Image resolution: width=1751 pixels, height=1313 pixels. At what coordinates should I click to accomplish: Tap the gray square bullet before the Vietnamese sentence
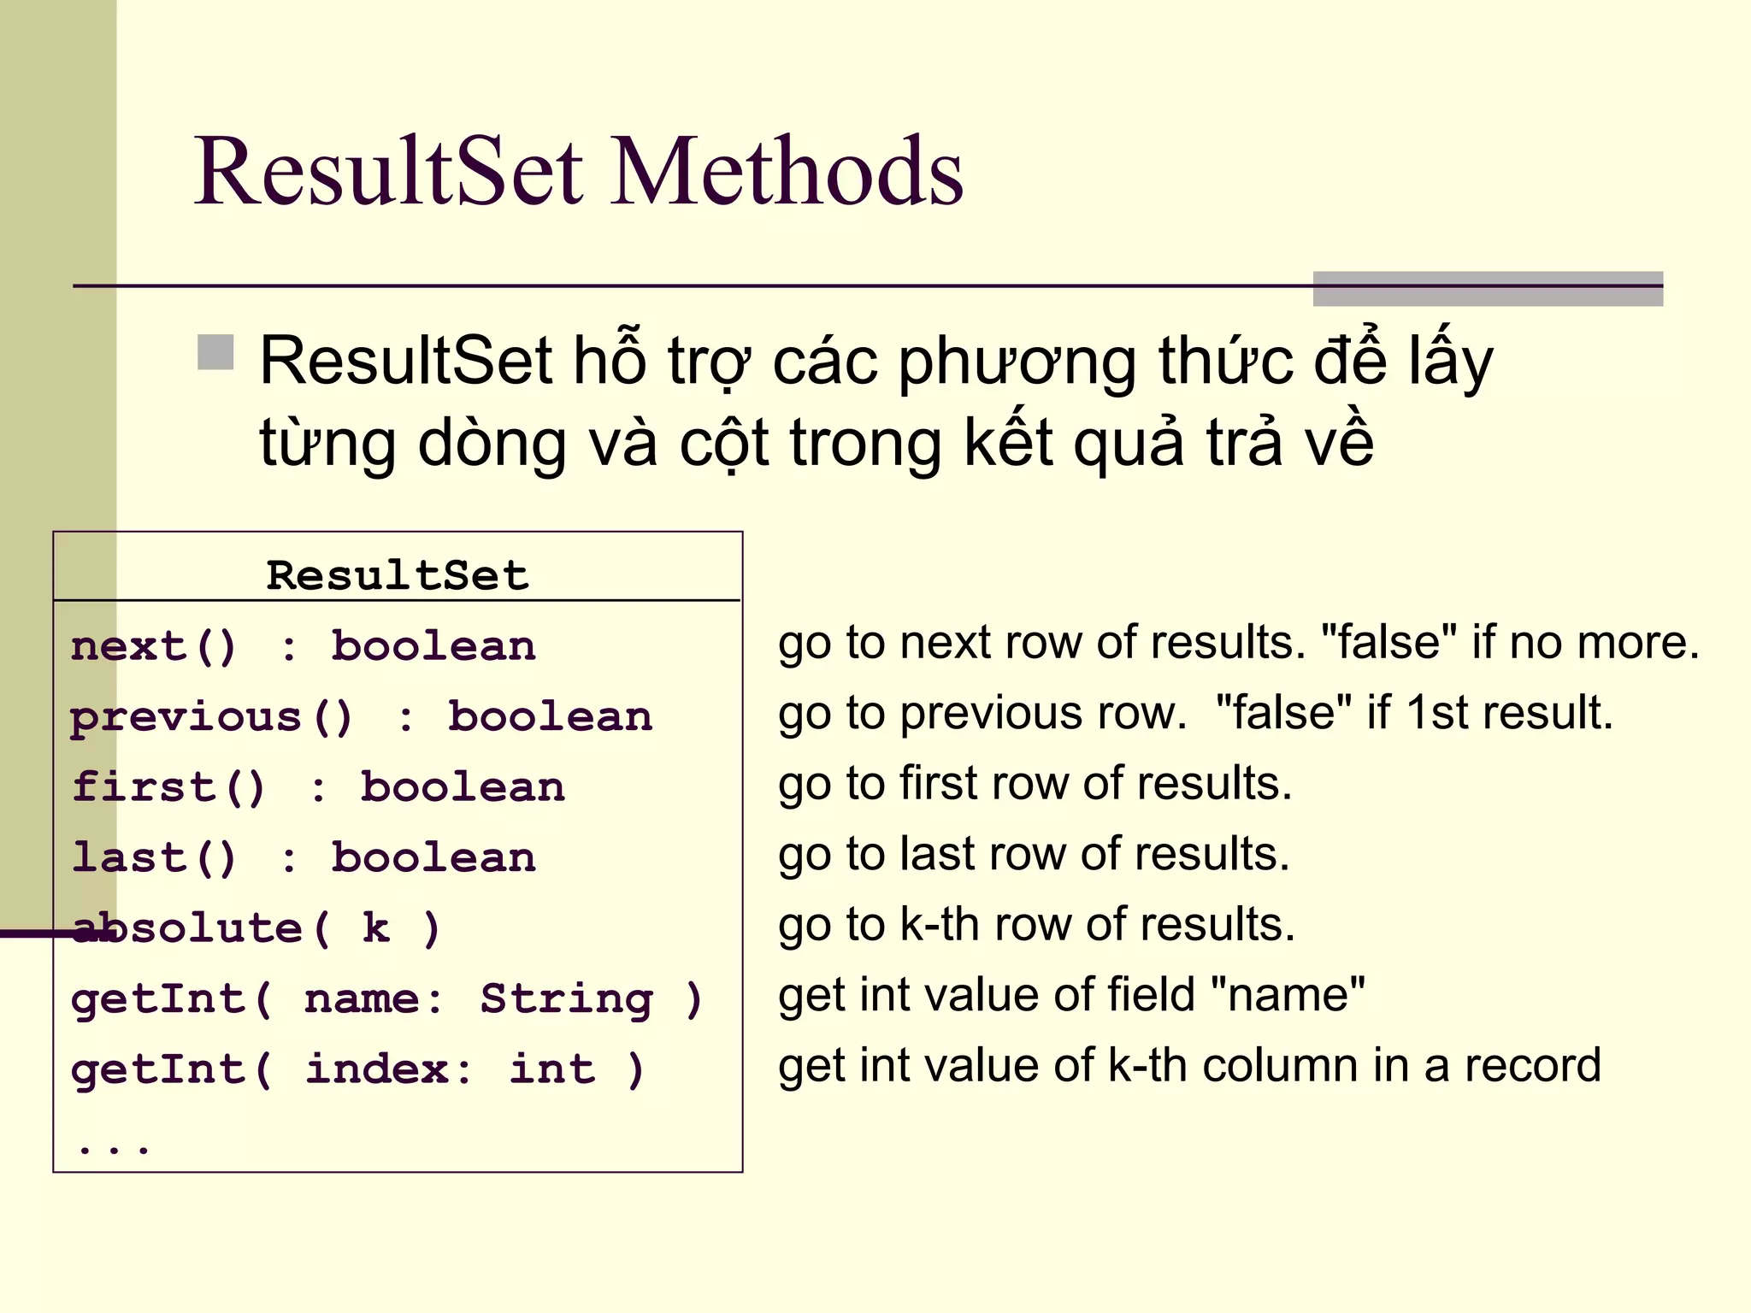215,352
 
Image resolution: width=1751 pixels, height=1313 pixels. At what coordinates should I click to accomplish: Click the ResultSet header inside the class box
398,575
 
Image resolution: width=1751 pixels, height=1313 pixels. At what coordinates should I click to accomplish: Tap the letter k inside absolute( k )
376,928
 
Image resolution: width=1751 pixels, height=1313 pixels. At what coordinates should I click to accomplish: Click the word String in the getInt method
566,998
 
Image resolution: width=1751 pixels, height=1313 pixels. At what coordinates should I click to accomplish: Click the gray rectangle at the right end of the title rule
1488,289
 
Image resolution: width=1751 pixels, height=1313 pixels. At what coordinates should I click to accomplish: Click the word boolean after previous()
550,717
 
